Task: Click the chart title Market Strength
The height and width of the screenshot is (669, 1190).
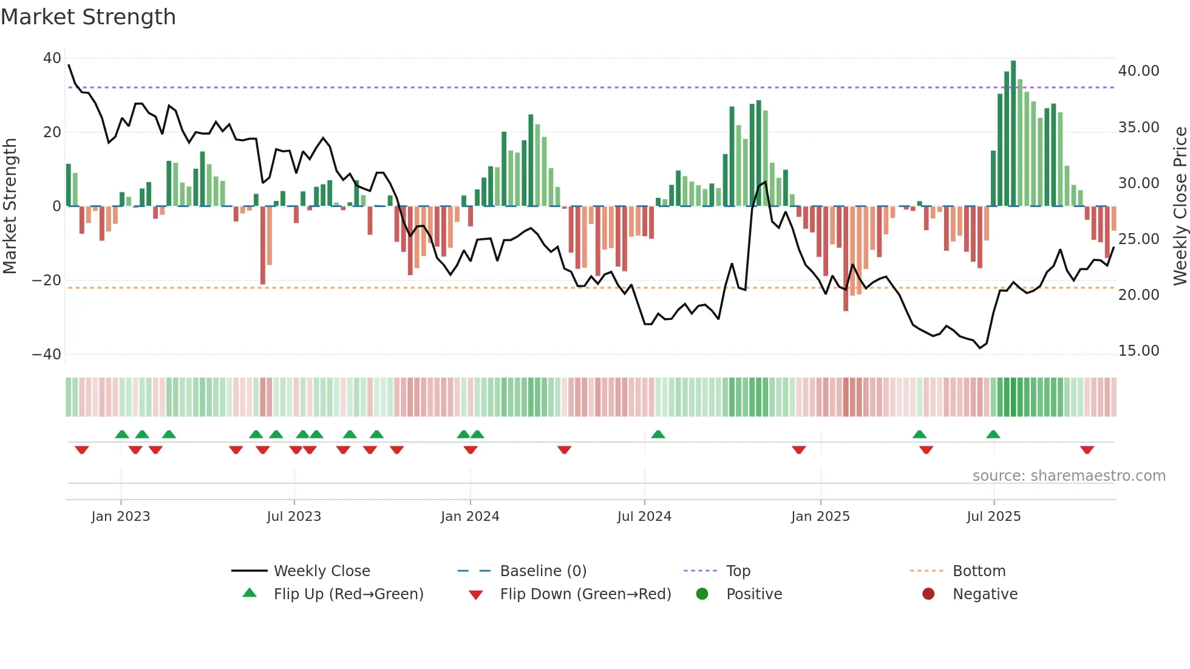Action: (88, 17)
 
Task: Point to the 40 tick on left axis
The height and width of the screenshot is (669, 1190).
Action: (52, 58)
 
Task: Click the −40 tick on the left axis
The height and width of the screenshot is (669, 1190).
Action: (47, 355)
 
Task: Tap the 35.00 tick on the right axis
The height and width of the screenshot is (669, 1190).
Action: (1138, 127)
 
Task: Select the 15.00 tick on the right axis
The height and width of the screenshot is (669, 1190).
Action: (1138, 351)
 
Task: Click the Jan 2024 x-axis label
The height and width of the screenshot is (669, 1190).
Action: (470, 517)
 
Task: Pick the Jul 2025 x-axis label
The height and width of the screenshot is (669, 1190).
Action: (993, 517)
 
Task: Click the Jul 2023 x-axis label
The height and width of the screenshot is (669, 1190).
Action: (294, 517)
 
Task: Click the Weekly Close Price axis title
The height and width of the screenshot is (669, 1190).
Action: (1180, 206)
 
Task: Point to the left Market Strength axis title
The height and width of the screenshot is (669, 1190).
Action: (10, 206)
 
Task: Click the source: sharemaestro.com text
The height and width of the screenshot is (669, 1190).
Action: (1069, 476)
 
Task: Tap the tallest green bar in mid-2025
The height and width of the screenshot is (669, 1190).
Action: (1013, 134)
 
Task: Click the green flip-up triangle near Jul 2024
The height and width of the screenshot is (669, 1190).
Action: (658, 435)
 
